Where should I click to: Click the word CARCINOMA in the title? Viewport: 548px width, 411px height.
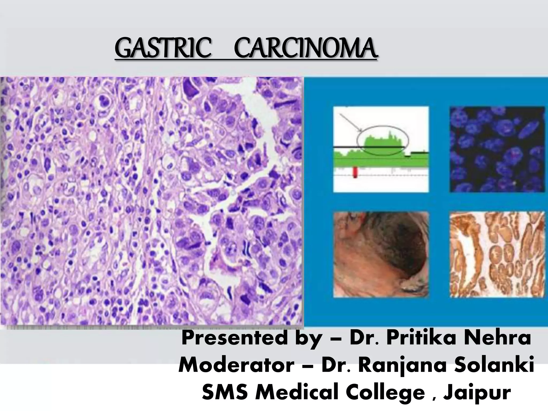pos(306,50)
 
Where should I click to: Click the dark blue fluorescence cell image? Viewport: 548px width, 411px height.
pos(497,149)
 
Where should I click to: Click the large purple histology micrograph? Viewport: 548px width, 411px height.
pos(151,201)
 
